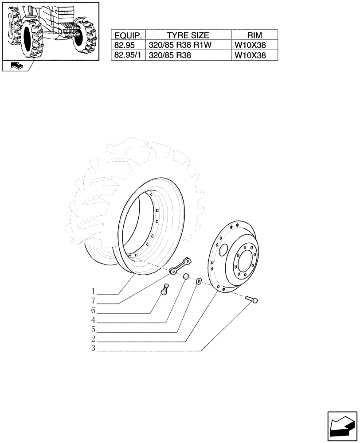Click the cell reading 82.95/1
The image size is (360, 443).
point(128,55)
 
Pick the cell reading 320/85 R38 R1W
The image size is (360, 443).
point(175,45)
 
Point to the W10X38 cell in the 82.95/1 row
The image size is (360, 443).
point(250,55)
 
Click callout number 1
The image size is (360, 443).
point(94,292)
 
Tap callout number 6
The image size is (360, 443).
point(94,311)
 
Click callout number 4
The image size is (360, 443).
point(94,320)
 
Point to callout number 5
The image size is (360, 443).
point(94,330)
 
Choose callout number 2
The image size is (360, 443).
point(94,339)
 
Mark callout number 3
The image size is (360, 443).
point(94,349)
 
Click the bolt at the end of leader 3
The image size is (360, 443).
point(251,300)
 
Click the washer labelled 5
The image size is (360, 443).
point(199,281)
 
